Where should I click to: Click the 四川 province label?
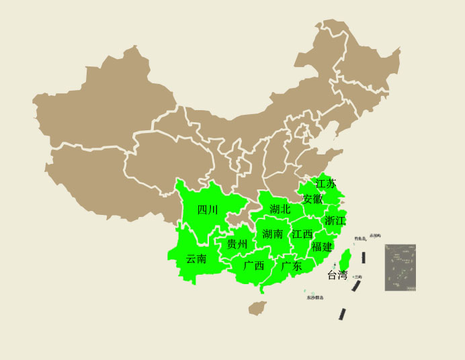pyautogui.click(x=208, y=210)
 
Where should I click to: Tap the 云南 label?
pyautogui.click(x=196, y=259)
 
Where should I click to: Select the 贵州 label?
pyautogui.click(x=237, y=244)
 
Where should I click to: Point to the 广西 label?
pyautogui.click(x=253, y=265)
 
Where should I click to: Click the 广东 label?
pyautogui.click(x=292, y=266)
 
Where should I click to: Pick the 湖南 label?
pyautogui.click(x=273, y=234)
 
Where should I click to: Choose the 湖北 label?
pyautogui.click(x=280, y=209)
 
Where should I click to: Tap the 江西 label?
pyautogui.click(x=302, y=234)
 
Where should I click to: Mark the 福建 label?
pyautogui.click(x=322, y=246)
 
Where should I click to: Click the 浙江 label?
pyautogui.click(x=335, y=220)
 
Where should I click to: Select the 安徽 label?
pyautogui.click(x=312, y=199)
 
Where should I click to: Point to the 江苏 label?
pyautogui.click(x=326, y=183)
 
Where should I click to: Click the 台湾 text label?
pyautogui.click(x=337, y=275)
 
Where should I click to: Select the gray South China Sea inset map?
pyautogui.click(x=400, y=267)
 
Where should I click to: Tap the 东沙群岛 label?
pyautogui.click(x=315, y=297)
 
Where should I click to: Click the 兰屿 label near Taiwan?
pyautogui.click(x=358, y=277)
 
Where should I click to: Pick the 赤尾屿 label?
pyautogui.click(x=375, y=235)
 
